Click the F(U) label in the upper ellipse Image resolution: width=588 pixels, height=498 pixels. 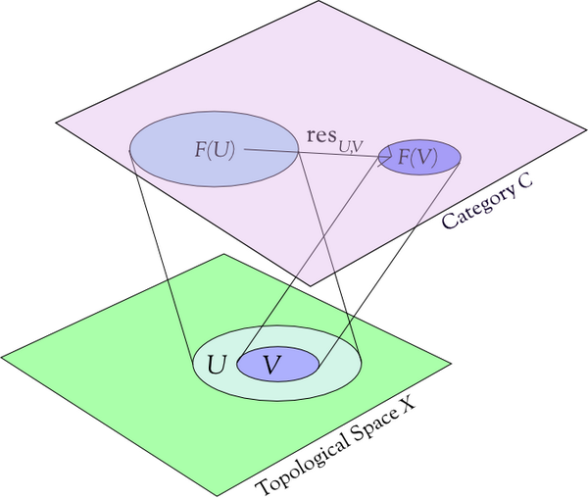(x=213, y=150)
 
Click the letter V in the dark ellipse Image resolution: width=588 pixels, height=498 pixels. (x=273, y=365)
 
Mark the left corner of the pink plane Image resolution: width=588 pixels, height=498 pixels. (x=57, y=123)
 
